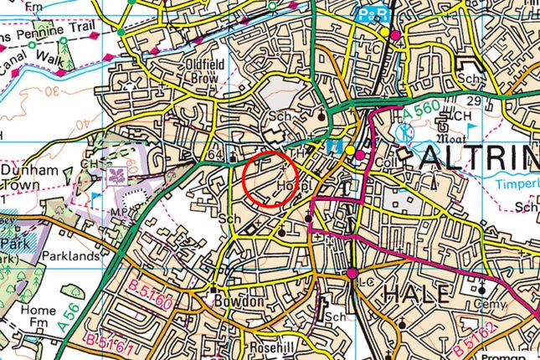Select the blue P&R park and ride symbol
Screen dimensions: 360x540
coord(365,14)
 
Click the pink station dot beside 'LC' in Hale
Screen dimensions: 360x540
coord(352,273)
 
